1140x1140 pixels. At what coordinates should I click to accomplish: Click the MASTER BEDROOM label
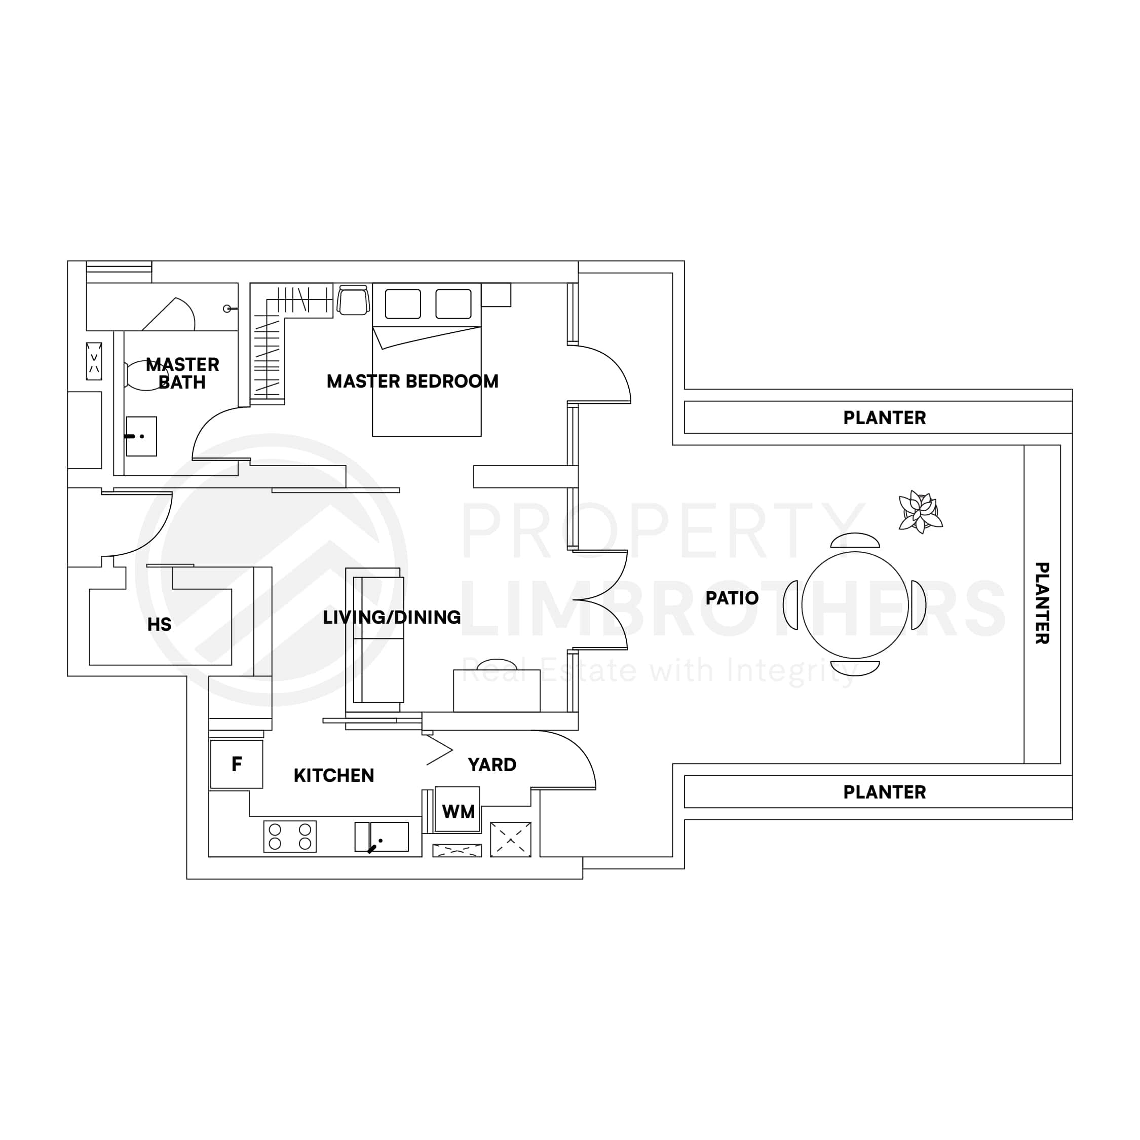point(412,382)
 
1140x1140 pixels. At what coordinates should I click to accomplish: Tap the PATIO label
point(732,598)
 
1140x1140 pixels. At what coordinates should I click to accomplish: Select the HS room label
point(159,625)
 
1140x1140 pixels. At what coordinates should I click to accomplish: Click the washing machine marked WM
point(458,810)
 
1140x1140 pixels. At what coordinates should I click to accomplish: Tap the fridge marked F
point(237,764)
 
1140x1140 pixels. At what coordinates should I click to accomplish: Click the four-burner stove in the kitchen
point(290,837)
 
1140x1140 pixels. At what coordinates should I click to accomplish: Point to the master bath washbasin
point(142,437)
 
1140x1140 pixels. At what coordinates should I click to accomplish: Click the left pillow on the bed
point(403,304)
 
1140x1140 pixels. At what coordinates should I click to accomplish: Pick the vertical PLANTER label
point(1042,603)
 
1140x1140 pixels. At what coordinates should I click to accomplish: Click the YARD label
point(492,765)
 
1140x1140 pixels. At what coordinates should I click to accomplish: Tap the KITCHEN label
point(334,776)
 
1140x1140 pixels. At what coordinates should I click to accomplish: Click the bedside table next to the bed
point(496,295)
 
